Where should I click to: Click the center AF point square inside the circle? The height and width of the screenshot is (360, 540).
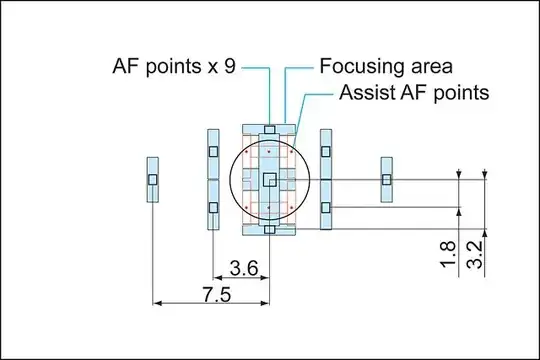[269, 179]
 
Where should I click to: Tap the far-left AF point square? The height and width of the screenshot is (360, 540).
[153, 179]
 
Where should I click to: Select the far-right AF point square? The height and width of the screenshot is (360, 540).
[386, 179]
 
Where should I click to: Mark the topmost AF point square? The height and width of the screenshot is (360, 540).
[269, 129]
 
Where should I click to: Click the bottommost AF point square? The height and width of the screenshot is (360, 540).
[269, 229]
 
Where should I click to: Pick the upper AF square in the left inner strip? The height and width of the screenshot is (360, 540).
[212, 152]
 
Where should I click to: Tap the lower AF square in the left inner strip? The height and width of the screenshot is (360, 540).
[212, 208]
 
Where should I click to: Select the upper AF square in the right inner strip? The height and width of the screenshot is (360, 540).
[326, 152]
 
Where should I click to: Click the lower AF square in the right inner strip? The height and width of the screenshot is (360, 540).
[326, 208]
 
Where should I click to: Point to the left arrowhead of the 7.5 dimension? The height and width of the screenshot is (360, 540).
[156, 301]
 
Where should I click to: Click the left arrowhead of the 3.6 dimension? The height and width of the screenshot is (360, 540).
[216, 278]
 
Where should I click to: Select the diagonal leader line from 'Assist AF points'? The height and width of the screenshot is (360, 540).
[316, 108]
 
